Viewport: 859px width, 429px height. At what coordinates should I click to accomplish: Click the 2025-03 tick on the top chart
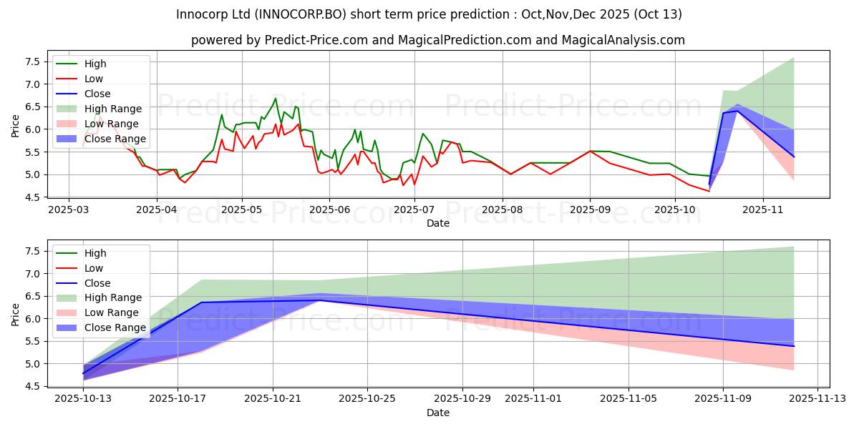coord(69,210)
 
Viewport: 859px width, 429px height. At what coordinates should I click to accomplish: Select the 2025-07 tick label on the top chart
coord(416,210)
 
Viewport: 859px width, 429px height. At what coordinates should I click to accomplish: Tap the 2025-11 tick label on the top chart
coord(763,210)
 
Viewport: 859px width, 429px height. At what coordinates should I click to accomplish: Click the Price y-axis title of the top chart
coord(16,126)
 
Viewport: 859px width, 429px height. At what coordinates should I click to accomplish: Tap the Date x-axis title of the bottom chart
coord(438,413)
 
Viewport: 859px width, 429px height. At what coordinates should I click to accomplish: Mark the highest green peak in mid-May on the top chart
coord(275,99)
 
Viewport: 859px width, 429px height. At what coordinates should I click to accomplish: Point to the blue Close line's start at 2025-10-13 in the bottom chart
coord(83,373)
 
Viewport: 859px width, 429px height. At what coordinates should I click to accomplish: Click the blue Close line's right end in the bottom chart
coord(794,346)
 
